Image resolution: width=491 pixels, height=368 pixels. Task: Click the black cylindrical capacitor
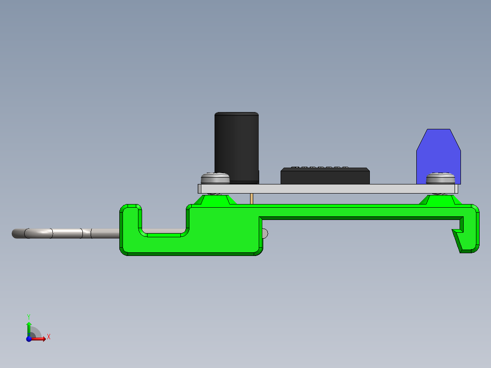coord(236,146)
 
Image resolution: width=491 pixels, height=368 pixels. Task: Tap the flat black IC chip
coord(325,176)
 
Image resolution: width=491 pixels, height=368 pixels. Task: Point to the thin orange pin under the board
coord(251,199)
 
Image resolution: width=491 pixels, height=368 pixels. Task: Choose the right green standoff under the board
coord(440,199)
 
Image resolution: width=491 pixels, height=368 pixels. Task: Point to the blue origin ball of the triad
coord(29,339)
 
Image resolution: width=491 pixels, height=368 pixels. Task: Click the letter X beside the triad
coord(48,337)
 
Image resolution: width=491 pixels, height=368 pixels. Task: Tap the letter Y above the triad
coord(29,316)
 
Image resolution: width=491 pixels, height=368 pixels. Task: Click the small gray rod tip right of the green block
coord(266,233)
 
